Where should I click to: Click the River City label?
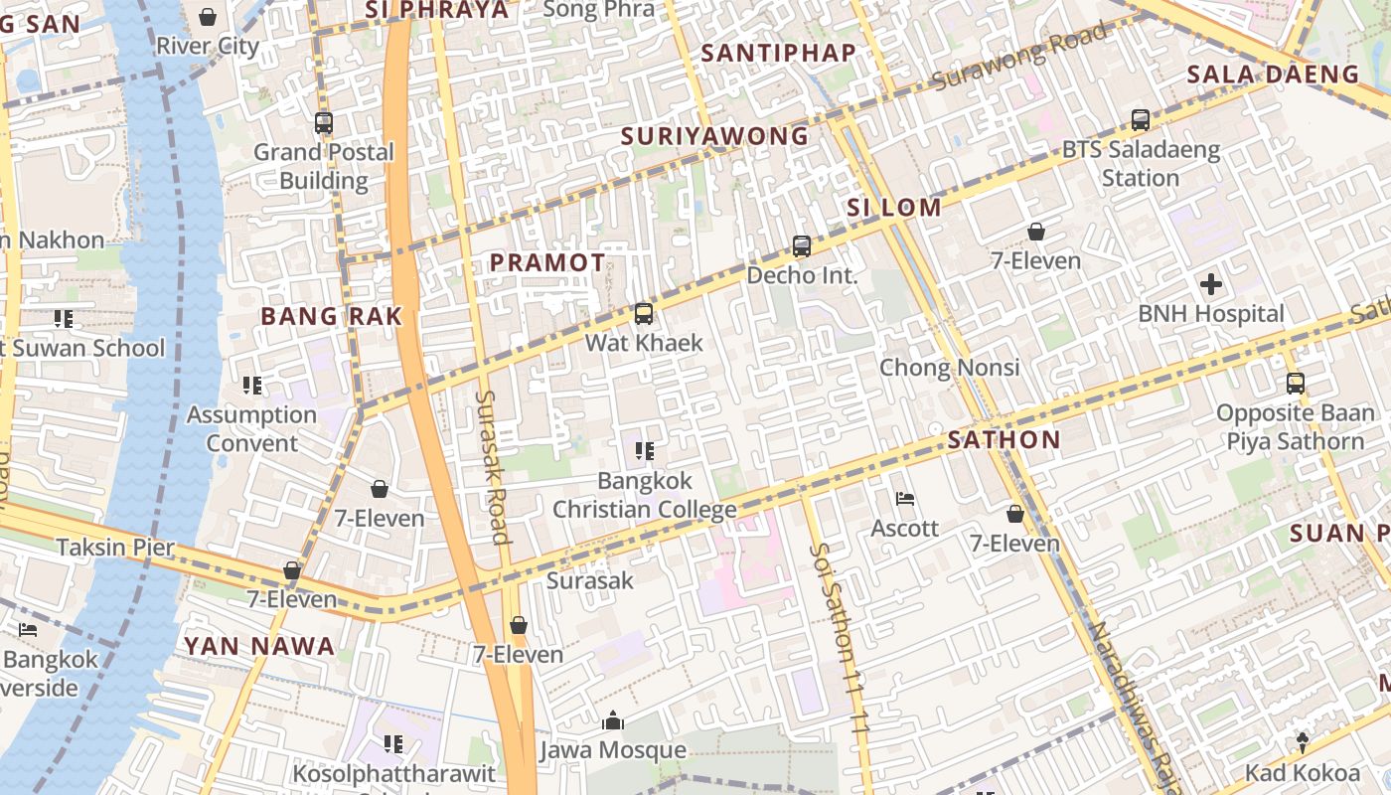click(x=208, y=46)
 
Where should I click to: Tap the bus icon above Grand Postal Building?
click(x=323, y=123)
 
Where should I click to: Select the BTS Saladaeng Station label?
click(x=1141, y=164)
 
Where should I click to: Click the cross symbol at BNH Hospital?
click(x=1211, y=284)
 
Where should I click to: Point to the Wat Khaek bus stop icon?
click(x=644, y=314)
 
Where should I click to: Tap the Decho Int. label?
click(x=802, y=275)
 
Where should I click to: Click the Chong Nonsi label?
click(x=950, y=368)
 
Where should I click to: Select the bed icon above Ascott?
click(x=904, y=499)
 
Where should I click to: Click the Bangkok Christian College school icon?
click(x=644, y=451)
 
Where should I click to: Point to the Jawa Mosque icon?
click(x=613, y=720)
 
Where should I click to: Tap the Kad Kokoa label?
click(x=1303, y=773)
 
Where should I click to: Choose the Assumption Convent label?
click(x=251, y=428)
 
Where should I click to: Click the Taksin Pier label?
click(x=115, y=547)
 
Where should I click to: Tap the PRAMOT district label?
click(x=547, y=263)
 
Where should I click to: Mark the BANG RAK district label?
click(x=331, y=317)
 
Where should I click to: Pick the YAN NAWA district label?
click(x=258, y=646)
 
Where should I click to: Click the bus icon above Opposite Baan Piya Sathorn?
click(x=1295, y=384)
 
